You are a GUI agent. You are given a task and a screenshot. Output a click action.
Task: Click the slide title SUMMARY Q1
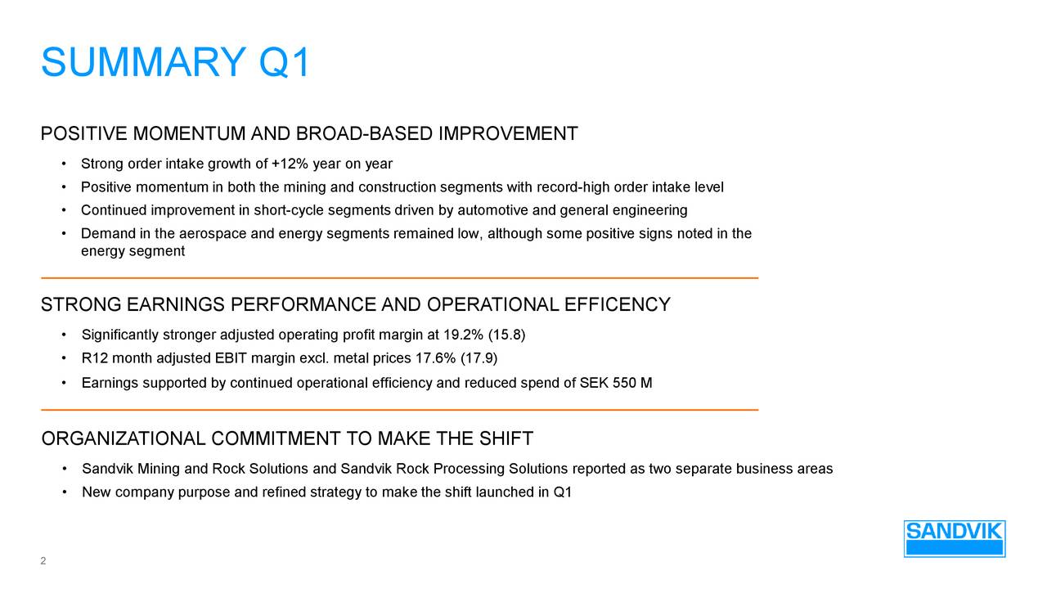click(x=176, y=63)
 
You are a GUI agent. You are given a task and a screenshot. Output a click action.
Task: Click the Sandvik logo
click(x=954, y=538)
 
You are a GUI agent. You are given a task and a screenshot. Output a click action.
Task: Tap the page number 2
click(x=43, y=561)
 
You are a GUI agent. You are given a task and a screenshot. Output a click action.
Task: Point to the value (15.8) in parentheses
click(x=506, y=335)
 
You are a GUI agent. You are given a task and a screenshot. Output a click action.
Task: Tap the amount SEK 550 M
click(x=615, y=383)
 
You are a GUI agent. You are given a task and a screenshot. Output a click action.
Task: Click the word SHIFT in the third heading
click(x=506, y=439)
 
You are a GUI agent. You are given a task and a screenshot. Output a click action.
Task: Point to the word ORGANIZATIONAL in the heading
click(x=124, y=439)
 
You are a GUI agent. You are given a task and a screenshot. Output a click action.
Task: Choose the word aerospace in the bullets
click(x=215, y=234)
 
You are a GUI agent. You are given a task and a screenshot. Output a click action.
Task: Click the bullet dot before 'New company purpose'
click(x=63, y=492)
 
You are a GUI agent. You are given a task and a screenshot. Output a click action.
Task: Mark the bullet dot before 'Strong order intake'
click(x=63, y=164)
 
